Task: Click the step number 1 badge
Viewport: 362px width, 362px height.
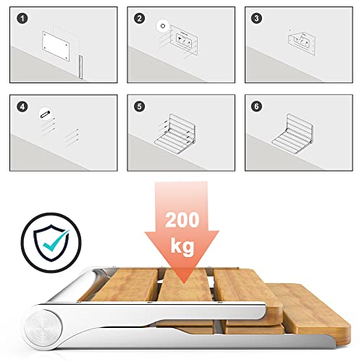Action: pos(22,18)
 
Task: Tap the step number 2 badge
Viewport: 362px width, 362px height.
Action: pos(140,18)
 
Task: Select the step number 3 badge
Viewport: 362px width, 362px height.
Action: pos(256,18)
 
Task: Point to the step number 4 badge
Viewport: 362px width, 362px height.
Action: pos(22,106)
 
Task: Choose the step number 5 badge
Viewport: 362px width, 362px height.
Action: pos(140,106)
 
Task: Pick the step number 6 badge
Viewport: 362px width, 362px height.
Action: pos(256,106)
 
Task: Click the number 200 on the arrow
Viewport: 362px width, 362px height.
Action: pos(182,219)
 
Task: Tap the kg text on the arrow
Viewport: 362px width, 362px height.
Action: pos(182,246)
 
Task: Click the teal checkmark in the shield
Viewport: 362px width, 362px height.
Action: pos(56,240)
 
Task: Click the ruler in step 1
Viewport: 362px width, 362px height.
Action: pos(80,67)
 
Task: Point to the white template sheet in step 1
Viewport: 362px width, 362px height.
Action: pos(56,46)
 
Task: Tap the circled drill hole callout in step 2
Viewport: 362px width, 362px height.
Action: pos(163,26)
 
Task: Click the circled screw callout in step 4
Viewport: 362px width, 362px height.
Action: pos(45,114)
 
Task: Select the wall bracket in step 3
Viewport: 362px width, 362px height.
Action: pos(302,43)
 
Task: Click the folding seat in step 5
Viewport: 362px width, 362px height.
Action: pos(175,134)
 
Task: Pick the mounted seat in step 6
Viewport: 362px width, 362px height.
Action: pos(292,134)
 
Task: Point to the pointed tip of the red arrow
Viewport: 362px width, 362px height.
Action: pos(184,282)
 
